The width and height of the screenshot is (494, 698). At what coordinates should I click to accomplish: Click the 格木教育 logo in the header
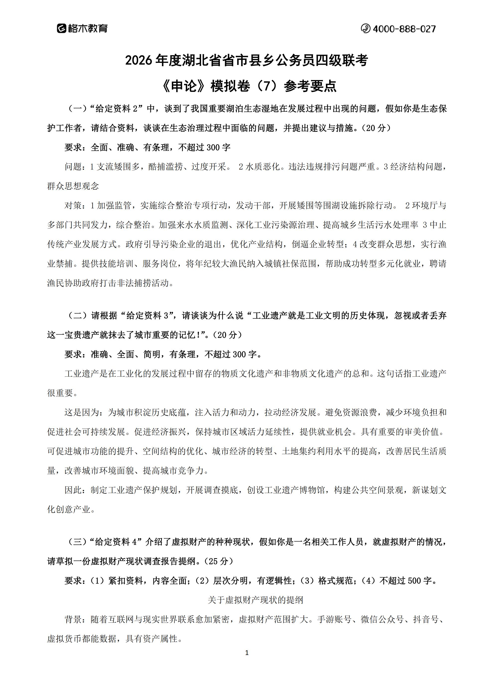coord(82,29)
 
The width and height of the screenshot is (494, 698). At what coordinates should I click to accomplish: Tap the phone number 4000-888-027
coord(404,29)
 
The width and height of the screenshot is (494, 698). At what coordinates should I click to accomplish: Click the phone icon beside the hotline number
coord(365,29)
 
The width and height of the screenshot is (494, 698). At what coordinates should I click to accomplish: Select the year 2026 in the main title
coord(138,60)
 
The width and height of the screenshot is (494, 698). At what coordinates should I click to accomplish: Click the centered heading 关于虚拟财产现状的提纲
coord(255,600)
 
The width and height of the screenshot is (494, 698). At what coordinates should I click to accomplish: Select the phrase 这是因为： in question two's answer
coord(86,412)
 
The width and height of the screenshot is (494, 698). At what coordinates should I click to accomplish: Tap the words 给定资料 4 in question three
coord(117,542)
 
